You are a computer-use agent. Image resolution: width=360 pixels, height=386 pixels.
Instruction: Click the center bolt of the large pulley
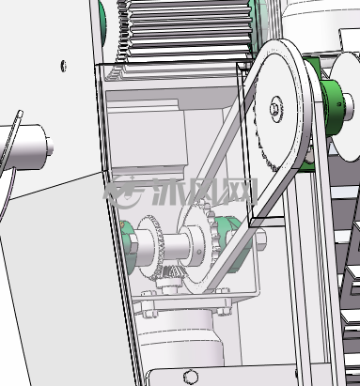pyautogui.click(x=276, y=109)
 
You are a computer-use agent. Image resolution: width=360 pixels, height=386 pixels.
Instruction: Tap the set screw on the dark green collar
pyautogui.click(x=339, y=104)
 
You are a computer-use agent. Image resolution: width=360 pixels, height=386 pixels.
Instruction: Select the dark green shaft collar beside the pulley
pyautogui.click(x=332, y=107)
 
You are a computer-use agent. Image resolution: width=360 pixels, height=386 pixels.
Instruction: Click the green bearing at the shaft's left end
pyautogui.click(x=128, y=247)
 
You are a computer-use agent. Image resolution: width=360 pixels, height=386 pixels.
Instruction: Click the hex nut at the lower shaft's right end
pyautogui.click(x=260, y=238)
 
